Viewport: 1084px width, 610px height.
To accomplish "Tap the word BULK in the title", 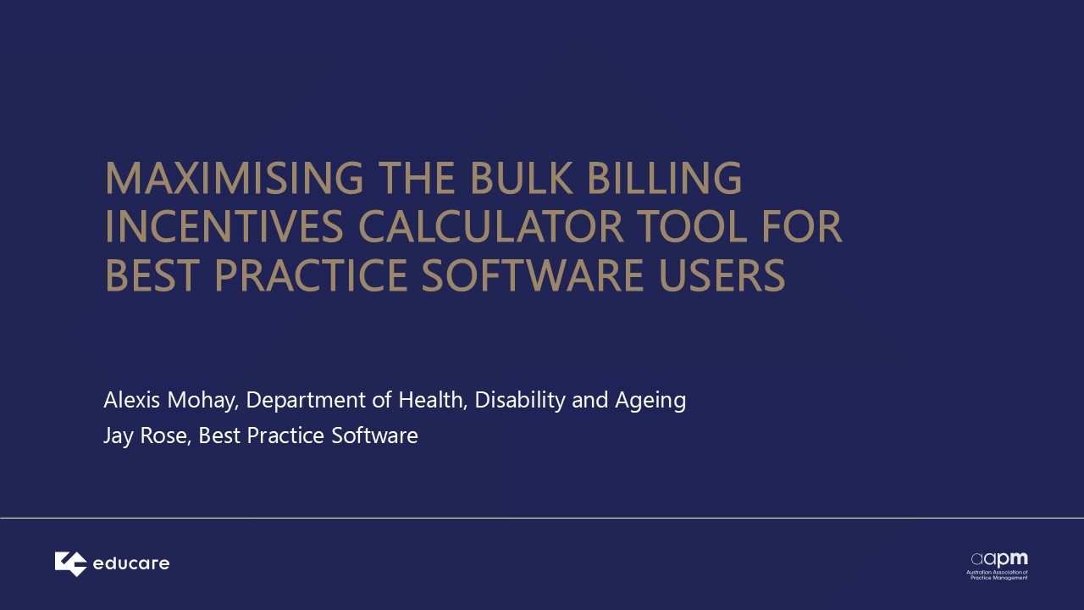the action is coord(521,178).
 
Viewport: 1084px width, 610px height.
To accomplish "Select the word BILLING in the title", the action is coord(665,178).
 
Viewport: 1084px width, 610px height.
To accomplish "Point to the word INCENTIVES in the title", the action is coord(224,226).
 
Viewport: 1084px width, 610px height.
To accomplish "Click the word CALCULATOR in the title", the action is coord(491,226).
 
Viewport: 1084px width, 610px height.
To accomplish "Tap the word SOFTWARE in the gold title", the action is coord(533,275).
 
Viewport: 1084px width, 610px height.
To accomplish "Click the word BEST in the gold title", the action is coord(152,275).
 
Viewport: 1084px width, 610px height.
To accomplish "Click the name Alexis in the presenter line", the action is coord(131,400).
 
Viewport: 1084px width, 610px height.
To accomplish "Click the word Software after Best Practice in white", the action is coord(374,435).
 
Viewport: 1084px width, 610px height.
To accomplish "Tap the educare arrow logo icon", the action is coord(70,564).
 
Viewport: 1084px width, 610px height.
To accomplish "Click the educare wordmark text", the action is coord(131,563).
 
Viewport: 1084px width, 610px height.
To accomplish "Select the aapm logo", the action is coord(998,565).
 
